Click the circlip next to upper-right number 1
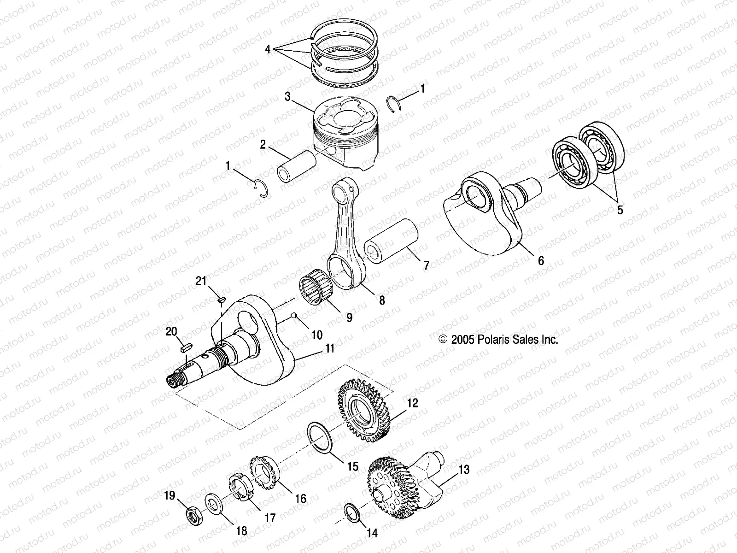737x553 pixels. pos(391,102)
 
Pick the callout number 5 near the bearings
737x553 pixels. pos(620,210)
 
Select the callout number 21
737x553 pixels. pos(201,281)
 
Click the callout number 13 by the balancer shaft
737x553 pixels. pos(464,470)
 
